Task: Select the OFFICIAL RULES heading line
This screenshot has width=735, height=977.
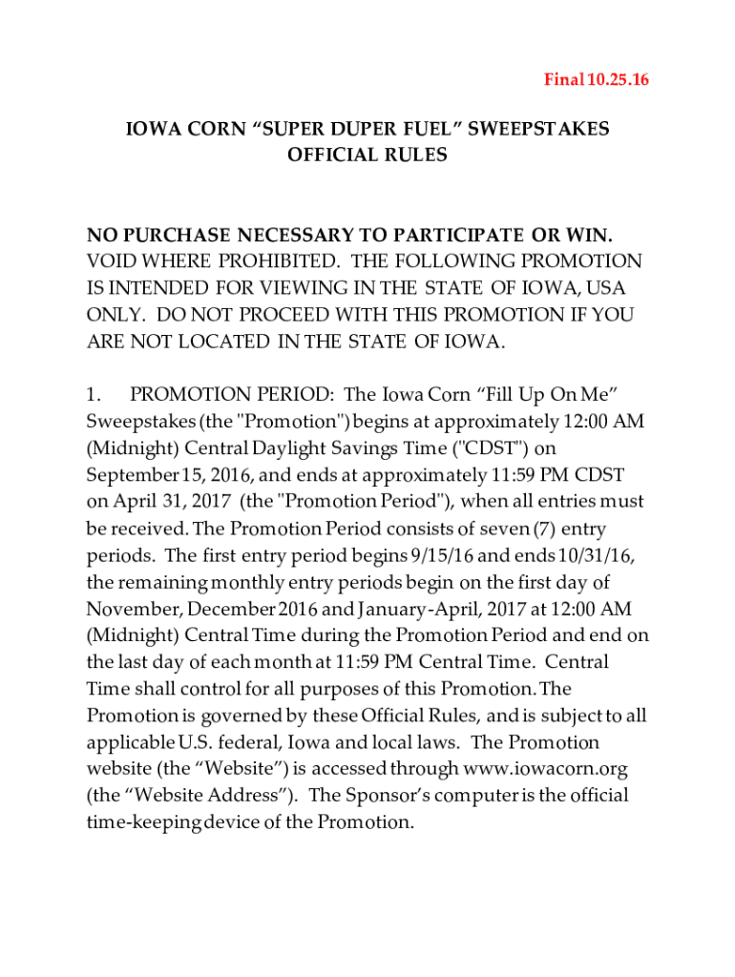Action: pos(367,155)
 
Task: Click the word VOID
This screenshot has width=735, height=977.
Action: pos(111,261)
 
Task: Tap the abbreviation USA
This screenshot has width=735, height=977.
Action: pos(612,288)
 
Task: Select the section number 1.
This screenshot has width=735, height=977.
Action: pos(94,395)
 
